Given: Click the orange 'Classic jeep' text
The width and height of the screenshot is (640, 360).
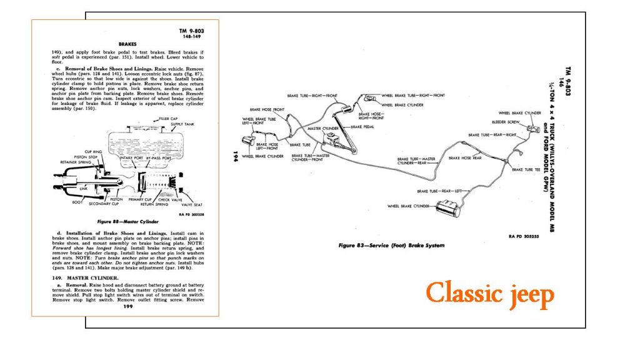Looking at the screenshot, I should pos(489,293).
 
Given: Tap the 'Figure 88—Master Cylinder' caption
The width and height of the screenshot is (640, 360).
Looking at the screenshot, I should pos(127,221).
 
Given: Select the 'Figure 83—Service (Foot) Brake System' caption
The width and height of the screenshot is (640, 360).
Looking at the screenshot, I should pos(391,246).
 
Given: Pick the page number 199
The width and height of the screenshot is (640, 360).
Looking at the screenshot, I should pos(128,307).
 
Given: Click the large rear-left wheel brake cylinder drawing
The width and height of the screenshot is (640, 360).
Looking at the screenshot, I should pos(449,207).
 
